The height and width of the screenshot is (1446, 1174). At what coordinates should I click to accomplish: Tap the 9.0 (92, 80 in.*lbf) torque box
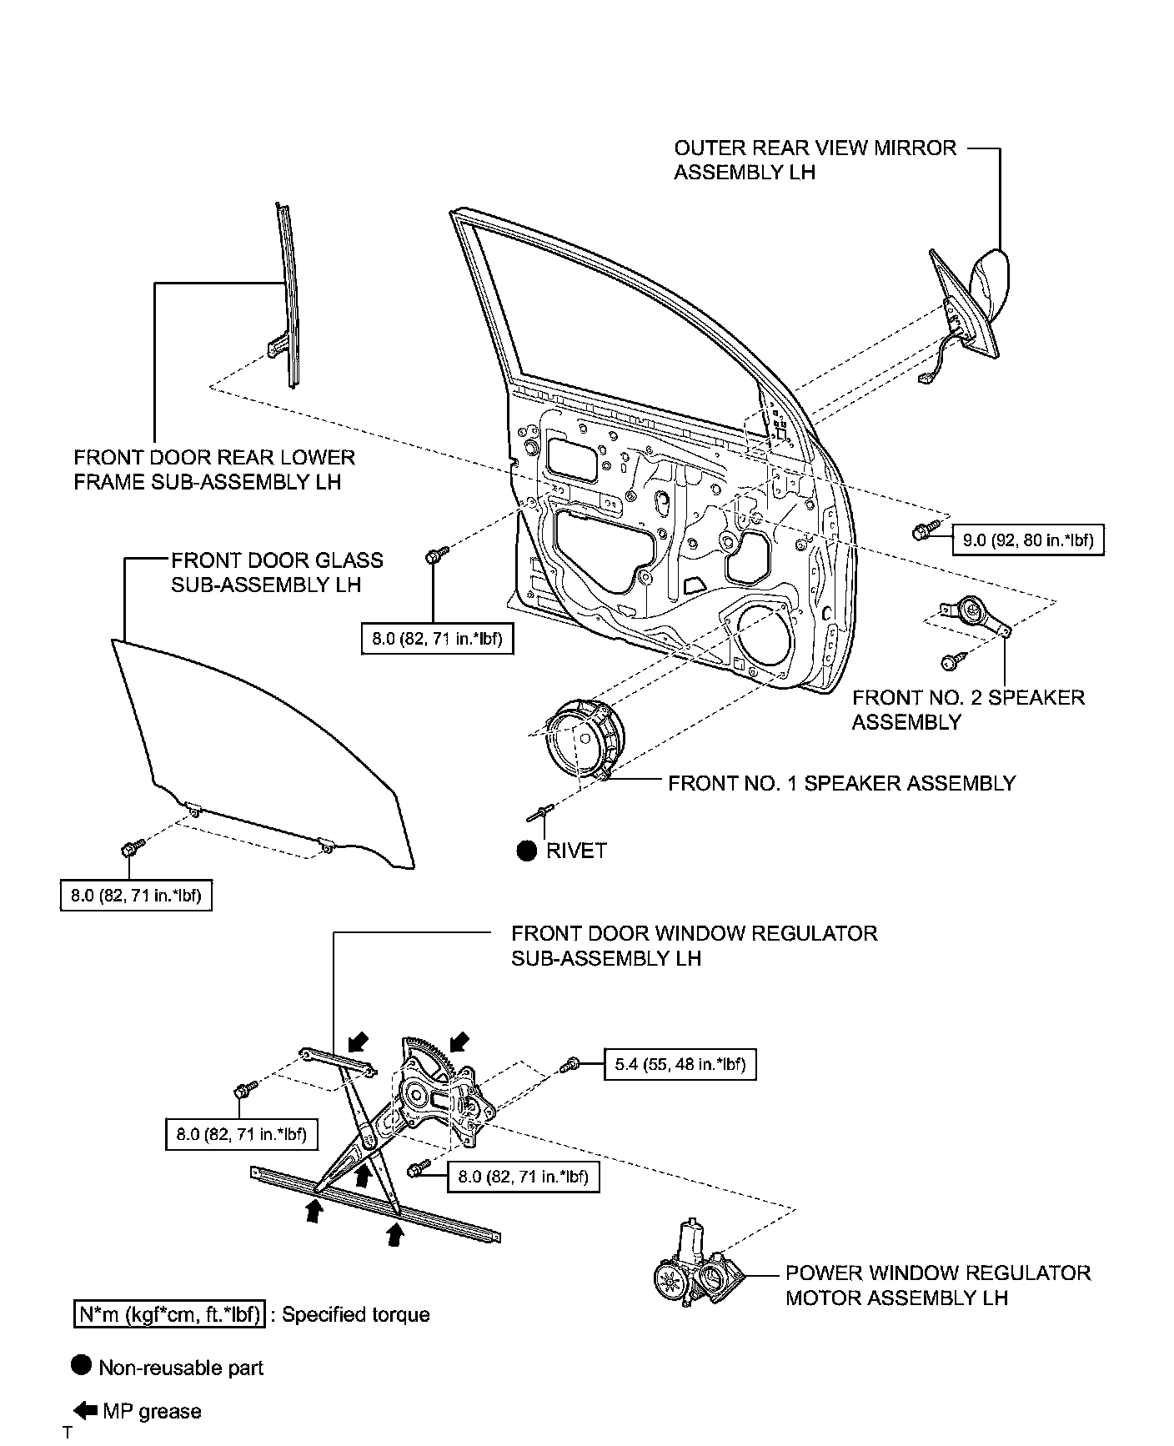coord(1027,540)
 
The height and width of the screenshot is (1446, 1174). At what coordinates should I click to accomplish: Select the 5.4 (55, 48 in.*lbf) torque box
coord(680,1064)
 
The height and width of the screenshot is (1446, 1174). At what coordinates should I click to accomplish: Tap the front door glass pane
coord(250,751)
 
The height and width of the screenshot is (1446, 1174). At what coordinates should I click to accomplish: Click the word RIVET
coord(576,851)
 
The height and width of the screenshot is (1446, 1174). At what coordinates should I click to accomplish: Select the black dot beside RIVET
coord(526,851)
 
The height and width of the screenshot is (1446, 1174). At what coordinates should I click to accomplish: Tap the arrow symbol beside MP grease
coord(85,1410)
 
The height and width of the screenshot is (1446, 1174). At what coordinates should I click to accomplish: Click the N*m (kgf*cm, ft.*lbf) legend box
coord(169,1315)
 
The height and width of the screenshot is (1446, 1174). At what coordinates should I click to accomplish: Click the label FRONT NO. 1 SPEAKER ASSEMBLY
coord(842,783)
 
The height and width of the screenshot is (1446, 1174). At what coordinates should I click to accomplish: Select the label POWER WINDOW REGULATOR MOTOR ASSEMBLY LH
coord(937,1285)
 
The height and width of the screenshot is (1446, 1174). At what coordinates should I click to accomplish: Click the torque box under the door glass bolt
coord(136,896)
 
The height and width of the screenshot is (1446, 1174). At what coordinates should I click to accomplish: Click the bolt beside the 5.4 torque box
coord(571,1064)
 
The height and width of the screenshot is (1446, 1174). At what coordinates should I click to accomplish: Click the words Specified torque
coord(355,1315)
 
